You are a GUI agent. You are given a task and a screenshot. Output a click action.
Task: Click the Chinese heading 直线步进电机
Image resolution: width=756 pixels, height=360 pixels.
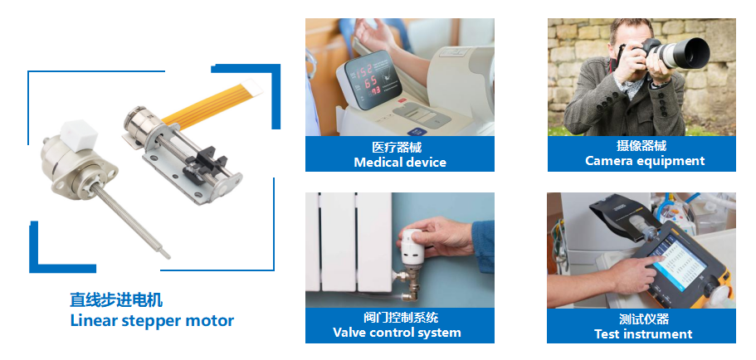(x=116, y=299)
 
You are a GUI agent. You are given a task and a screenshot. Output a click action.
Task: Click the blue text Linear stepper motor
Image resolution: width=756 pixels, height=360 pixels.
(x=152, y=320)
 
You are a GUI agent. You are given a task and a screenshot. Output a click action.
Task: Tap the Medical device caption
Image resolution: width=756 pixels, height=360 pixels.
(x=400, y=163)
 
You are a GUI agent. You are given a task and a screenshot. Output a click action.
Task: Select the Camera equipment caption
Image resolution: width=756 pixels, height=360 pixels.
(x=645, y=161)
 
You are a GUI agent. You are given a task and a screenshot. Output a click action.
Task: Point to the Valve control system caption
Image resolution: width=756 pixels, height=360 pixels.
(x=397, y=333)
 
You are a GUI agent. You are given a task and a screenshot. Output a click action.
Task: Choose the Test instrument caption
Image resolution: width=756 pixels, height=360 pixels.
(x=643, y=334)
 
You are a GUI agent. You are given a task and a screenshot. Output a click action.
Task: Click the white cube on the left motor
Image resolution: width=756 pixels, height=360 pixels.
(x=79, y=134)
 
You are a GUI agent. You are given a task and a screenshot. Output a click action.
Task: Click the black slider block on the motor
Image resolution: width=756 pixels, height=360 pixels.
(x=205, y=159)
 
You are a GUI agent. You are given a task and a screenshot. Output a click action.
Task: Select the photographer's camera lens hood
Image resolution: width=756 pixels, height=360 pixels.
(x=691, y=52)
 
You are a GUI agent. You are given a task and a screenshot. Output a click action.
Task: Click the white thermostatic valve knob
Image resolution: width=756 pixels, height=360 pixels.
(x=412, y=246)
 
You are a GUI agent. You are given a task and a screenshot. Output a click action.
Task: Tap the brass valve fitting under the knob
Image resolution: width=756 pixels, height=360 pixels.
(x=408, y=283)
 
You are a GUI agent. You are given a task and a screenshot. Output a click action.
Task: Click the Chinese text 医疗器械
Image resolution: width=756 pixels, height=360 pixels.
(x=397, y=147)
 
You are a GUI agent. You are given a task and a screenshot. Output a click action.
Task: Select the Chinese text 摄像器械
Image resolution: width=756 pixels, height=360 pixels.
(x=641, y=145)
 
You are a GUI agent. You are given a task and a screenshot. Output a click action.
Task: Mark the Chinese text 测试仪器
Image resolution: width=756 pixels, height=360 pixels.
(x=644, y=319)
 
